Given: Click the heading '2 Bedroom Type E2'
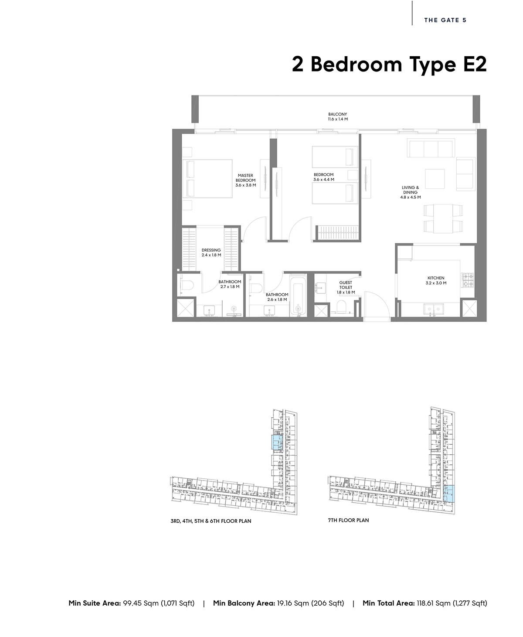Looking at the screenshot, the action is point(389,65).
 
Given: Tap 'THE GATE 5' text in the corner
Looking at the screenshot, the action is point(445,20).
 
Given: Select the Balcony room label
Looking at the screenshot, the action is point(338,116).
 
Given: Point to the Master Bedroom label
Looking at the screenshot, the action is point(245,180).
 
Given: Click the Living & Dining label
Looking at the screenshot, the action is point(411,192).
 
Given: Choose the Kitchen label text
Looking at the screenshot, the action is point(436,280).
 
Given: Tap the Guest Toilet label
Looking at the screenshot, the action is point(346,287).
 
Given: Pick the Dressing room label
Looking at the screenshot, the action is point(211,252).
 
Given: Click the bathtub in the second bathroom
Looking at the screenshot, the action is point(298,295).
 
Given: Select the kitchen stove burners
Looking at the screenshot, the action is point(468,279).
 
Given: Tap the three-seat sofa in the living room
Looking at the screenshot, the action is point(431,148).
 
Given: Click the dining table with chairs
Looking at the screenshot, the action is point(443,218).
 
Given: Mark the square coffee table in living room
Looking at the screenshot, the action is point(435,179).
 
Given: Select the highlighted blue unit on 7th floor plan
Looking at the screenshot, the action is point(448,494).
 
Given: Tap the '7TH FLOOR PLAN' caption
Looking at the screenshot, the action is point(349,520).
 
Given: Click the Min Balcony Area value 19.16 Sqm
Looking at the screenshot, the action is point(293,603).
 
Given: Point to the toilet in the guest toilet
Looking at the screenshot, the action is point(341,306).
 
